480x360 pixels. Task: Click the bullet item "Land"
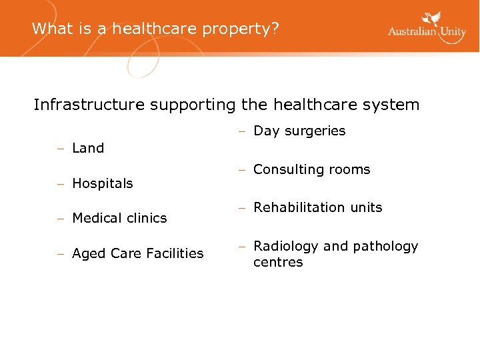87,149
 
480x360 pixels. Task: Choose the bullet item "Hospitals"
102,183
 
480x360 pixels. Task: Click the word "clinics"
147,218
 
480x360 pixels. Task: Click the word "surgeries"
314,131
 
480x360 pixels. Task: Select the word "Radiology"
285,247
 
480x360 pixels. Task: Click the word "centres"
278,263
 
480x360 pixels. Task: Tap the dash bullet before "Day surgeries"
244,131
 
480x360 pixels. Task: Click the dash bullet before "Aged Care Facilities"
61,253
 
